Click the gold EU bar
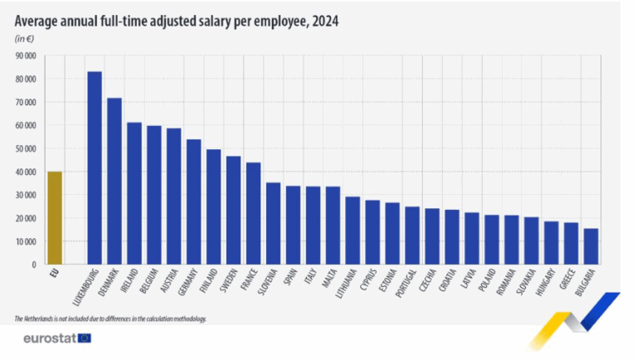(55, 217)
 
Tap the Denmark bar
(114, 181)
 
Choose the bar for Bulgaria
(591, 246)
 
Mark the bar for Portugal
(412, 236)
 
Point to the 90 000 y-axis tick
(23, 56)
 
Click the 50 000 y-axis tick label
(23, 148)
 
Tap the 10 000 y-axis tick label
(23, 241)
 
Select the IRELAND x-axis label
(130, 282)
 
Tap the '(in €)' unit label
(25, 39)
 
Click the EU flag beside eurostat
(84, 338)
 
